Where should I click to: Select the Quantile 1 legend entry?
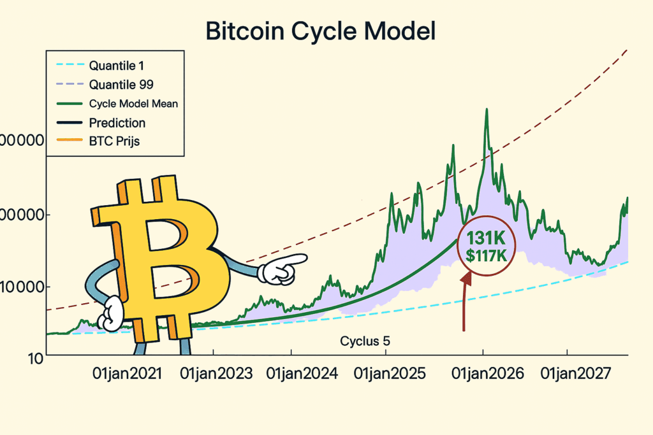tap(121, 64)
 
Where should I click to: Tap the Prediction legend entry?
tap(117, 123)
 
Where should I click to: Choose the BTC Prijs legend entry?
tap(114, 141)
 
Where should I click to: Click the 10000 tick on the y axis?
tap(24, 287)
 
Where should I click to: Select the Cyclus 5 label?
tap(365, 341)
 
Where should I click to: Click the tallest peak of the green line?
tap(487, 110)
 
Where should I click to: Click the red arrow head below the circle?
tap(467, 277)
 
